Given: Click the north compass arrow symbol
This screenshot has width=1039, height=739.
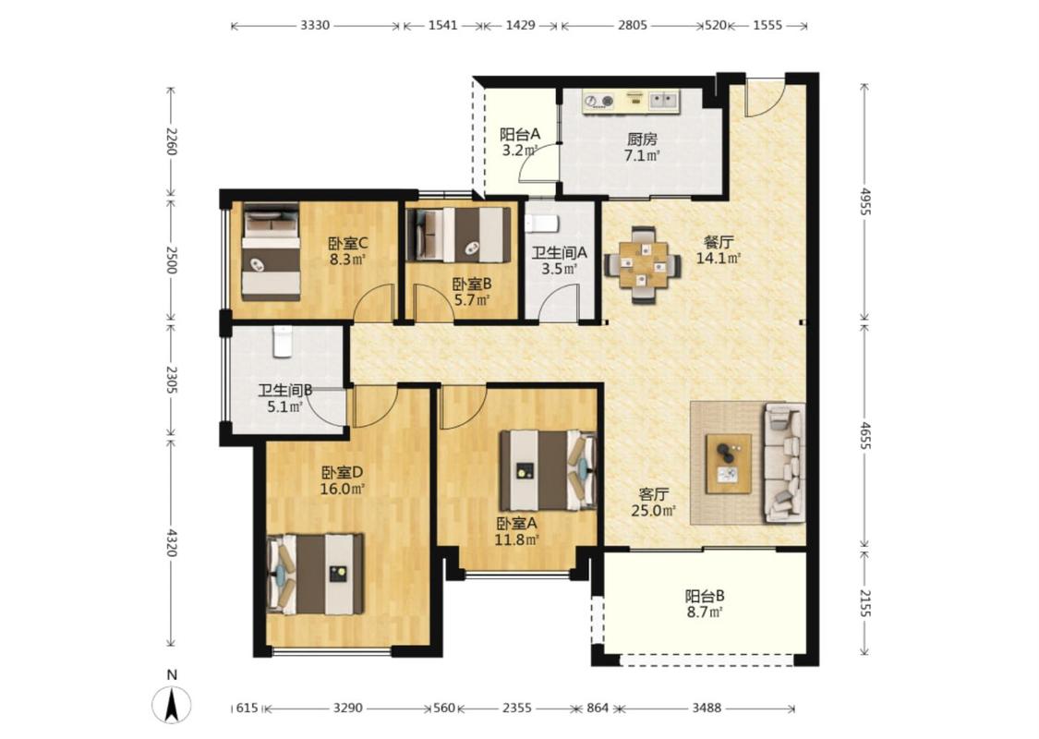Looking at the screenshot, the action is click(x=172, y=705).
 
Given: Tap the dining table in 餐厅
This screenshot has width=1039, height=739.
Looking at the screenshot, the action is click(x=642, y=265).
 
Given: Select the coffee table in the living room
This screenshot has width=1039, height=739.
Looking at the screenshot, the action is click(x=729, y=464).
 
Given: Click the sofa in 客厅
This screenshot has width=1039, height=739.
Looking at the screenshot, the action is click(x=785, y=462).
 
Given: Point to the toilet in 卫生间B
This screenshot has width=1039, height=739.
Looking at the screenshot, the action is click(x=283, y=342).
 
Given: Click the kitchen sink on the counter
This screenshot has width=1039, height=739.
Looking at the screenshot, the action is click(x=664, y=101).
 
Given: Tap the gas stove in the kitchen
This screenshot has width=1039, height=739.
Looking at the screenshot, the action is click(x=598, y=102).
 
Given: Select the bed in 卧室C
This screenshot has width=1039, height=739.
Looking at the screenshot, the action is click(x=271, y=251).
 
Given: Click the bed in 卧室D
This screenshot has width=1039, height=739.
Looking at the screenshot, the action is click(x=316, y=574).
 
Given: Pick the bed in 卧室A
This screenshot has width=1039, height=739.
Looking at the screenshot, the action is click(x=548, y=470).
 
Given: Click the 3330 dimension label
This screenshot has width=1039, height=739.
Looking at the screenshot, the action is click(x=315, y=25).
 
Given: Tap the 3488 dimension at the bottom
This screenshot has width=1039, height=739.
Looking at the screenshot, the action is click(x=707, y=708).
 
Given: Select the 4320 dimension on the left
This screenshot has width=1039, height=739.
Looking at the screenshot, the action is click(x=171, y=542).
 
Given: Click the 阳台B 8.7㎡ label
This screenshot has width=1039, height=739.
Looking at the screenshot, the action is click(x=705, y=604).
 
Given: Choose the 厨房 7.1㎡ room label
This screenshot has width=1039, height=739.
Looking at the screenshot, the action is click(x=642, y=148).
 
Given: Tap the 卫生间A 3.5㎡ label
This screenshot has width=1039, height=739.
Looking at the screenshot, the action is click(x=560, y=260).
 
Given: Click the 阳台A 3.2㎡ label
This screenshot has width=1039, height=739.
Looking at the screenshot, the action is click(x=519, y=142).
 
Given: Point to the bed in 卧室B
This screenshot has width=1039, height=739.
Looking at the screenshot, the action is click(x=458, y=235).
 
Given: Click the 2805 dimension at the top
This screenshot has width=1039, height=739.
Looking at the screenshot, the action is click(x=632, y=25).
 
